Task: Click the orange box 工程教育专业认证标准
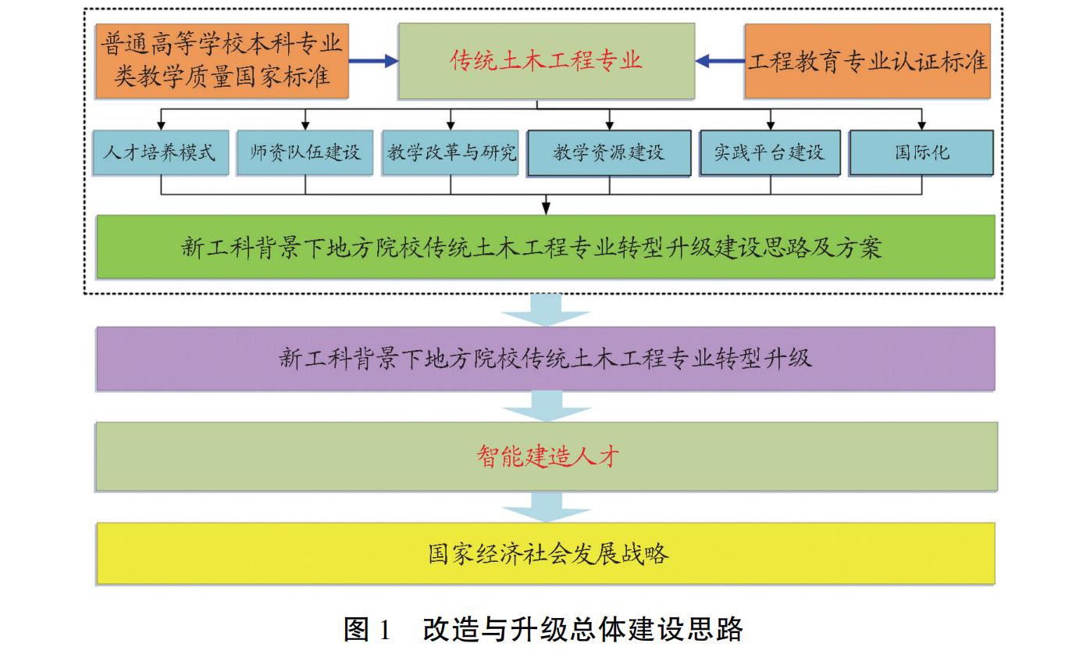point(867,61)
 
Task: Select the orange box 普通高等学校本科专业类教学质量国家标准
point(222,61)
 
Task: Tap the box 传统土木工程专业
point(546,61)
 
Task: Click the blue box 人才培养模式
point(159,152)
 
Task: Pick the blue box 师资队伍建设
point(305,152)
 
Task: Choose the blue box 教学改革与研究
point(451,152)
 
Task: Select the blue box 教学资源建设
point(609,152)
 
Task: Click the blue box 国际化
point(921,152)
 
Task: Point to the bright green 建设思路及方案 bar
point(546,248)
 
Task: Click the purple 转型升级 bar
point(546,359)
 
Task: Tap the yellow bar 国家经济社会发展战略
point(546,554)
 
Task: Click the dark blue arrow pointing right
point(373,61)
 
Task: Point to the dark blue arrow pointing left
point(719,61)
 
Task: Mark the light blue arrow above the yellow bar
point(546,506)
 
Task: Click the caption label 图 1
point(366,630)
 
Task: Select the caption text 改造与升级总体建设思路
point(582,630)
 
